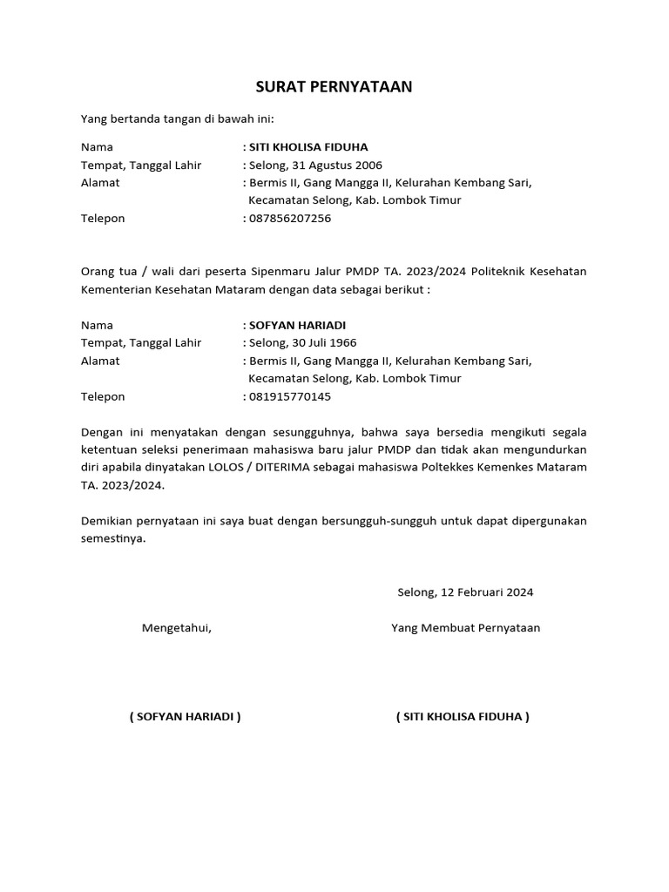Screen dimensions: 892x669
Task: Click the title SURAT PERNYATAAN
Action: pos(334,87)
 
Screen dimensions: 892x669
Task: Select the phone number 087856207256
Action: pos(290,219)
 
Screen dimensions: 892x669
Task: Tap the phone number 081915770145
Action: pos(290,397)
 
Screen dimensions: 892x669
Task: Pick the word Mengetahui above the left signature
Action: pos(177,628)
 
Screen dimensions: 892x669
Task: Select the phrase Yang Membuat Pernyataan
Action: pos(466,628)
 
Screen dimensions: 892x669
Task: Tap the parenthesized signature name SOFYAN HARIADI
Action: pos(185,717)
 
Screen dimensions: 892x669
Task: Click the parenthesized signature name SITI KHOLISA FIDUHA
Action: pos(463,717)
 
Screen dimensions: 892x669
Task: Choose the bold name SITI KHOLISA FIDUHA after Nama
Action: pos(308,147)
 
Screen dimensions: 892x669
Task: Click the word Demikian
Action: pos(107,521)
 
